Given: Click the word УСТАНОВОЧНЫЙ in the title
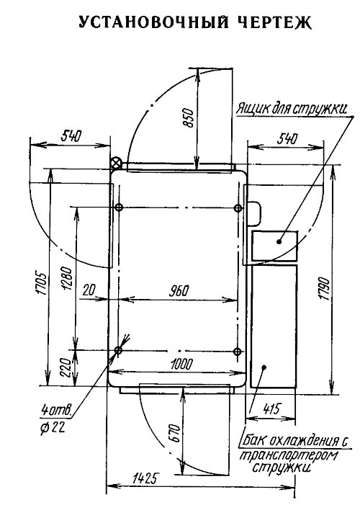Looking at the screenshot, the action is (x=154, y=23).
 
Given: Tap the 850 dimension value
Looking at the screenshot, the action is (x=189, y=118).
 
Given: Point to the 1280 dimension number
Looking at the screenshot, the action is (x=67, y=278).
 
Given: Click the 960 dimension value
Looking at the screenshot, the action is (x=179, y=291).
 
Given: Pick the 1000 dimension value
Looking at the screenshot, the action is (x=182, y=365).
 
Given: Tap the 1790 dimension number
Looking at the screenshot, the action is (x=325, y=289).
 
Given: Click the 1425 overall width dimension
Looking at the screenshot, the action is (x=144, y=479).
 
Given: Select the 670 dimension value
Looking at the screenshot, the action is (x=174, y=433).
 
